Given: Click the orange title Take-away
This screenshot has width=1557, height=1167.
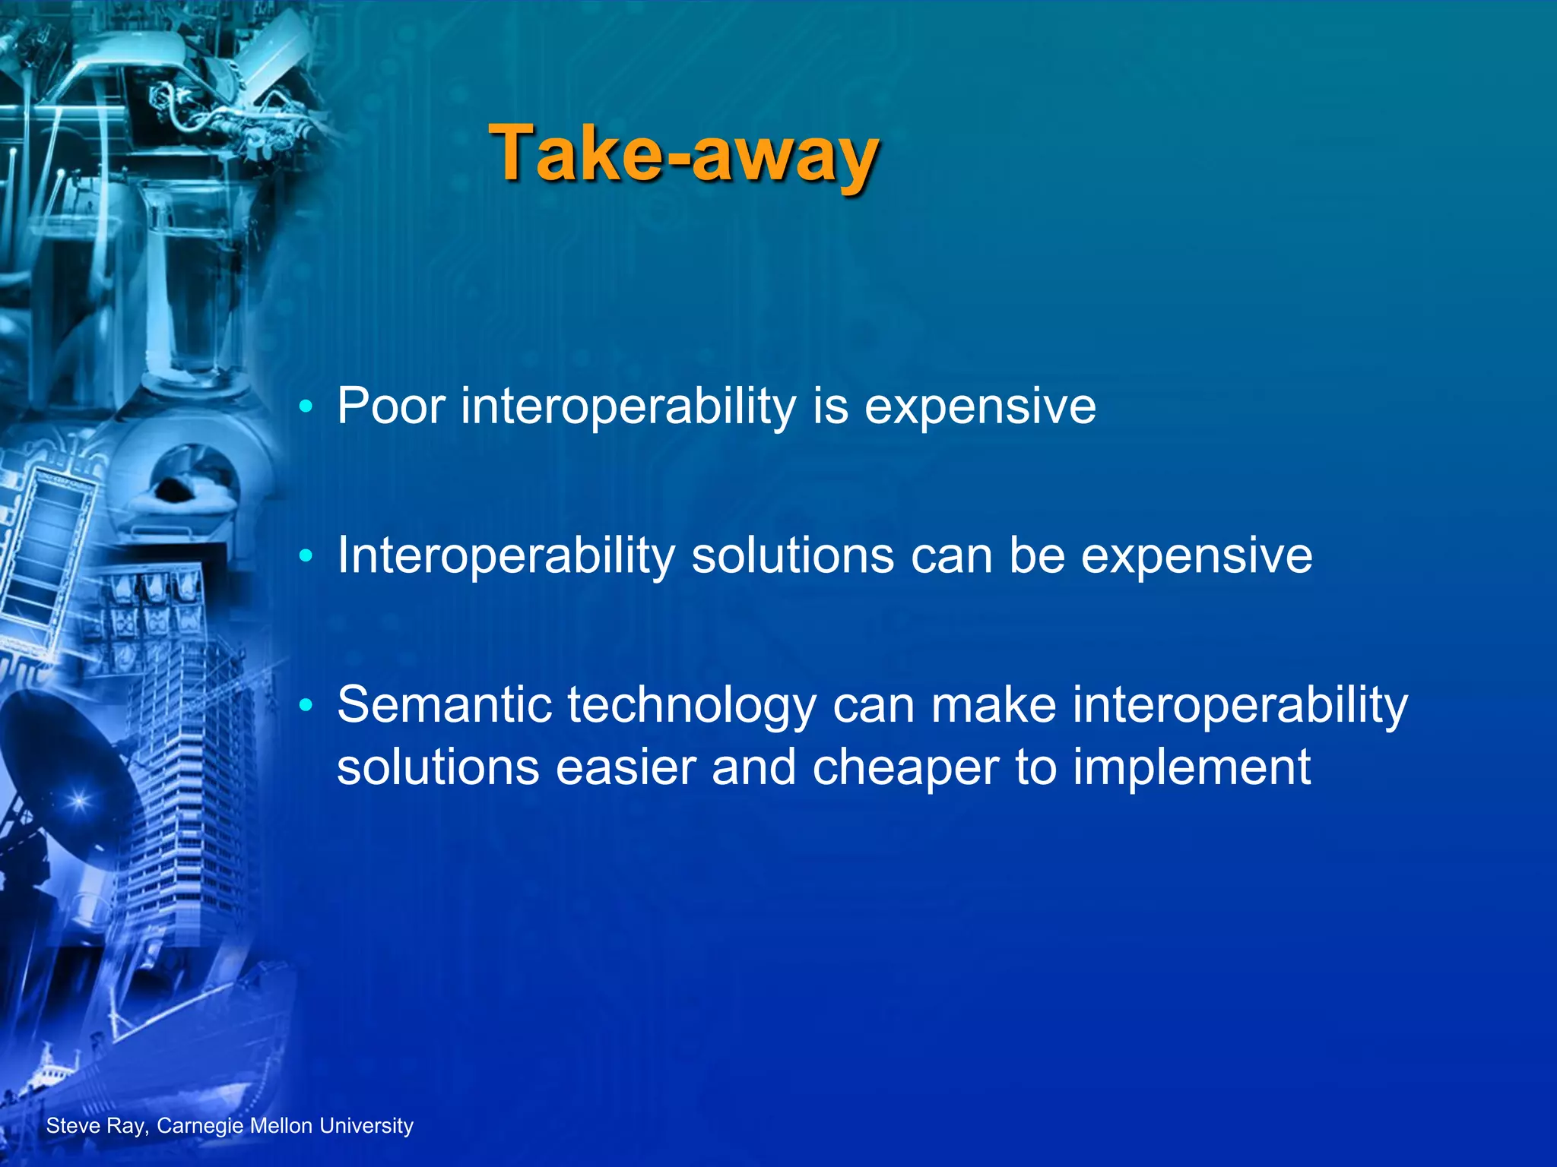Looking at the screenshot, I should click(684, 154).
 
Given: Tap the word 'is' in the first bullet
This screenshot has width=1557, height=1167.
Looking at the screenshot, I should click(830, 406).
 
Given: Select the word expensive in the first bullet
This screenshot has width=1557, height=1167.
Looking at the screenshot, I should click(980, 407).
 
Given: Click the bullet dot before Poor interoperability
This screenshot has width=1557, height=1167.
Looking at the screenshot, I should click(306, 407).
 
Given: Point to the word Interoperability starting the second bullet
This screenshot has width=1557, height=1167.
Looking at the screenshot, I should click(506, 556).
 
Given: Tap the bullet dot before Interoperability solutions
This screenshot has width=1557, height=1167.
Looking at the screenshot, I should click(306, 556).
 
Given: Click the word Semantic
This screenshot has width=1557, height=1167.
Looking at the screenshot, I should click(444, 705).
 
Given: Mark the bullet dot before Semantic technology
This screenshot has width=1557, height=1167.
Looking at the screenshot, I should click(306, 706).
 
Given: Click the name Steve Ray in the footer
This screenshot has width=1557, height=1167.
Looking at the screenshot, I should click(94, 1126).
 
